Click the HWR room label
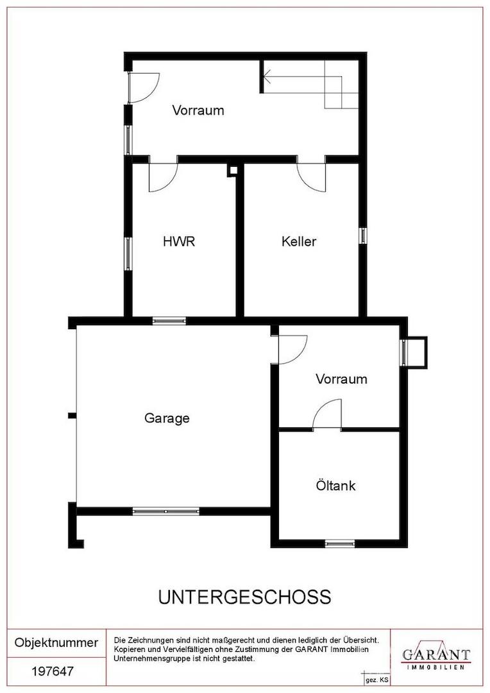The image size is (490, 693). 178,241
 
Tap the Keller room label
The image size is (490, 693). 299,241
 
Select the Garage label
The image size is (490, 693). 167,418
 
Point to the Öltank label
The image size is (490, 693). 335,485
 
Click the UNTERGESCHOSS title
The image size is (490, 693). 245,597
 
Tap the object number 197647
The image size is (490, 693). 53,671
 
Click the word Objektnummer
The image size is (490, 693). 56,642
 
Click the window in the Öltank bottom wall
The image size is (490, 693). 340,543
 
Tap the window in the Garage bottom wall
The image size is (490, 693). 165,511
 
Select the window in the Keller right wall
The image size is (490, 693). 362,235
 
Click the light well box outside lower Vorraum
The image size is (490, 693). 418,352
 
